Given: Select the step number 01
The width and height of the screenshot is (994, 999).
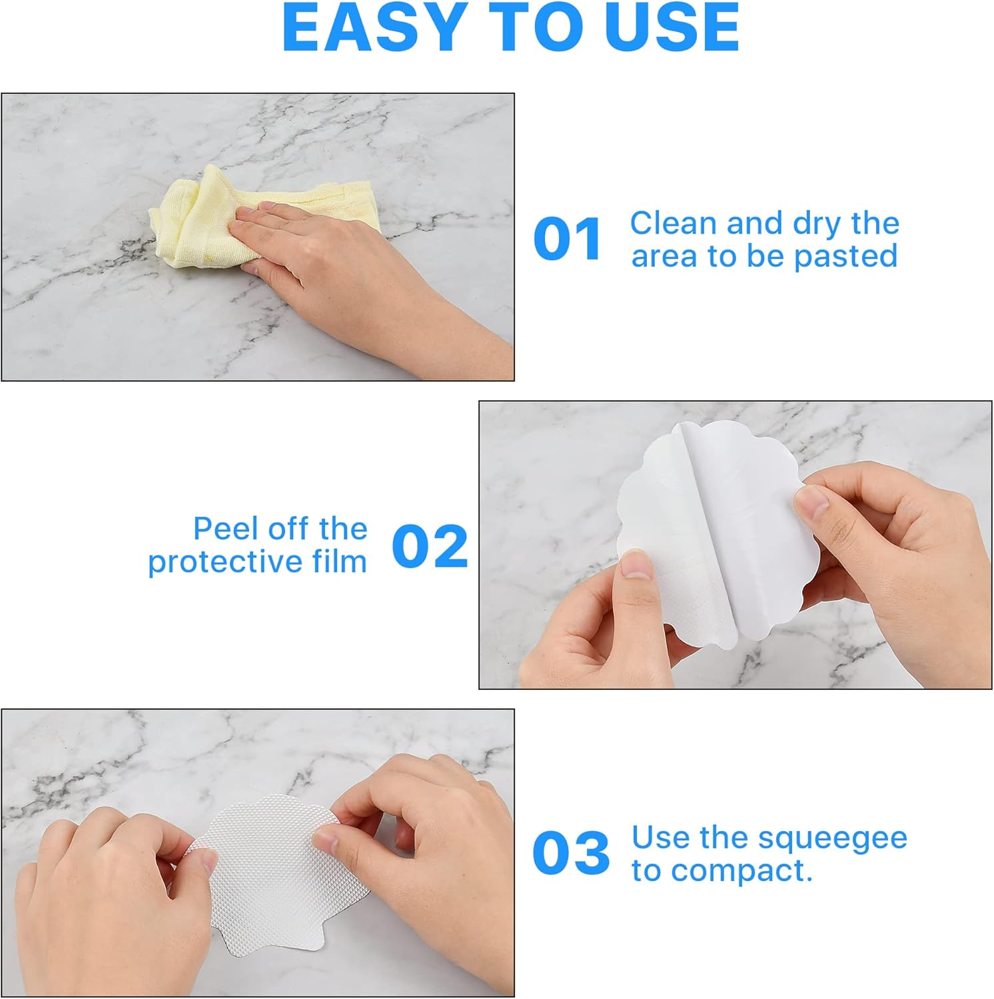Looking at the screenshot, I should (568, 239).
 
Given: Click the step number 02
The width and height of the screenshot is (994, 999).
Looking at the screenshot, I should (430, 546).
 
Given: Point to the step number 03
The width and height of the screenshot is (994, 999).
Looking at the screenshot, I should (571, 853).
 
